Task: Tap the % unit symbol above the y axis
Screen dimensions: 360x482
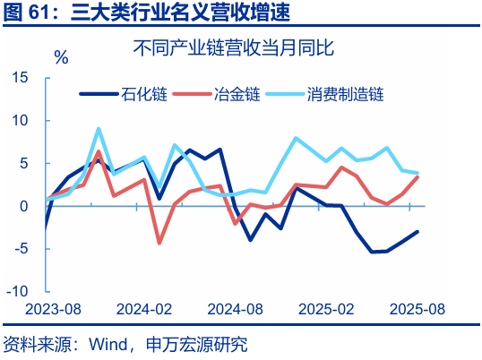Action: point(61,58)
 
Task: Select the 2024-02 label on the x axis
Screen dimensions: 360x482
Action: point(141,309)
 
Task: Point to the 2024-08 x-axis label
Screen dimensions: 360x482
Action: point(236,309)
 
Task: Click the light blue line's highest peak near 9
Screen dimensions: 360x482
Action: point(99,129)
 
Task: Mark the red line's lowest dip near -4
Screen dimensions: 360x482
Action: point(159,243)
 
